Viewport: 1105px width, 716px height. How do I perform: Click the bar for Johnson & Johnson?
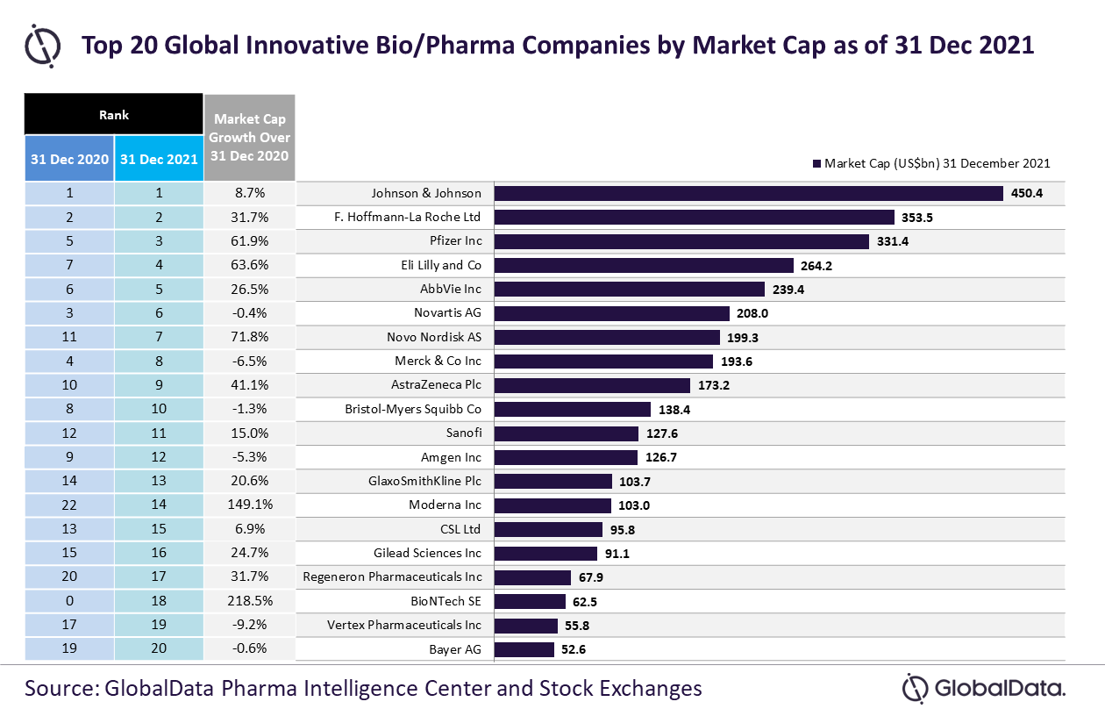[748, 193]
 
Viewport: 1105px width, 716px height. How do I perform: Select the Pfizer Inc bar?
[681, 241]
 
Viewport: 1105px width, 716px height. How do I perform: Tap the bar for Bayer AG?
[524, 649]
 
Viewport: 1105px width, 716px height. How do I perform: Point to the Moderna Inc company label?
[445, 505]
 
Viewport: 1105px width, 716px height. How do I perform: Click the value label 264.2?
[816, 266]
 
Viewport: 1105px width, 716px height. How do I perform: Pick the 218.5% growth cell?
[250, 600]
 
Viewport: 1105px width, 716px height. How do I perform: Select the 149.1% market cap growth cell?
[250, 505]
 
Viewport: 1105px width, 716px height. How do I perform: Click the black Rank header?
[113, 114]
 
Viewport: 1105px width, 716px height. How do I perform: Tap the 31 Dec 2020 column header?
[69, 159]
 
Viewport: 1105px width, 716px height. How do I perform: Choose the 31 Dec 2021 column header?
[159, 159]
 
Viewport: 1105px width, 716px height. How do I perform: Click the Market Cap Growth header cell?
[250, 138]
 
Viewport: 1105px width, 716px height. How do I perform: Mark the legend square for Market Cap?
[816, 163]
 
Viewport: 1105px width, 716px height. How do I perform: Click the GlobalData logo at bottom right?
[983, 688]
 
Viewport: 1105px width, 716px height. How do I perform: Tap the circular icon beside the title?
[42, 46]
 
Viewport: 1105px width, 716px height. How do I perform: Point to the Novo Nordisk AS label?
[433, 337]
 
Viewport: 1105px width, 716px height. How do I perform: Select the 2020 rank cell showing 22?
[69, 505]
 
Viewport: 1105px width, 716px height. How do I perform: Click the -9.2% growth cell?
[250, 625]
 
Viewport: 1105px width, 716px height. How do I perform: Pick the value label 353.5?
[917, 218]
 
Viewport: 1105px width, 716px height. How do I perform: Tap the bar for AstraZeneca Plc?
[592, 385]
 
